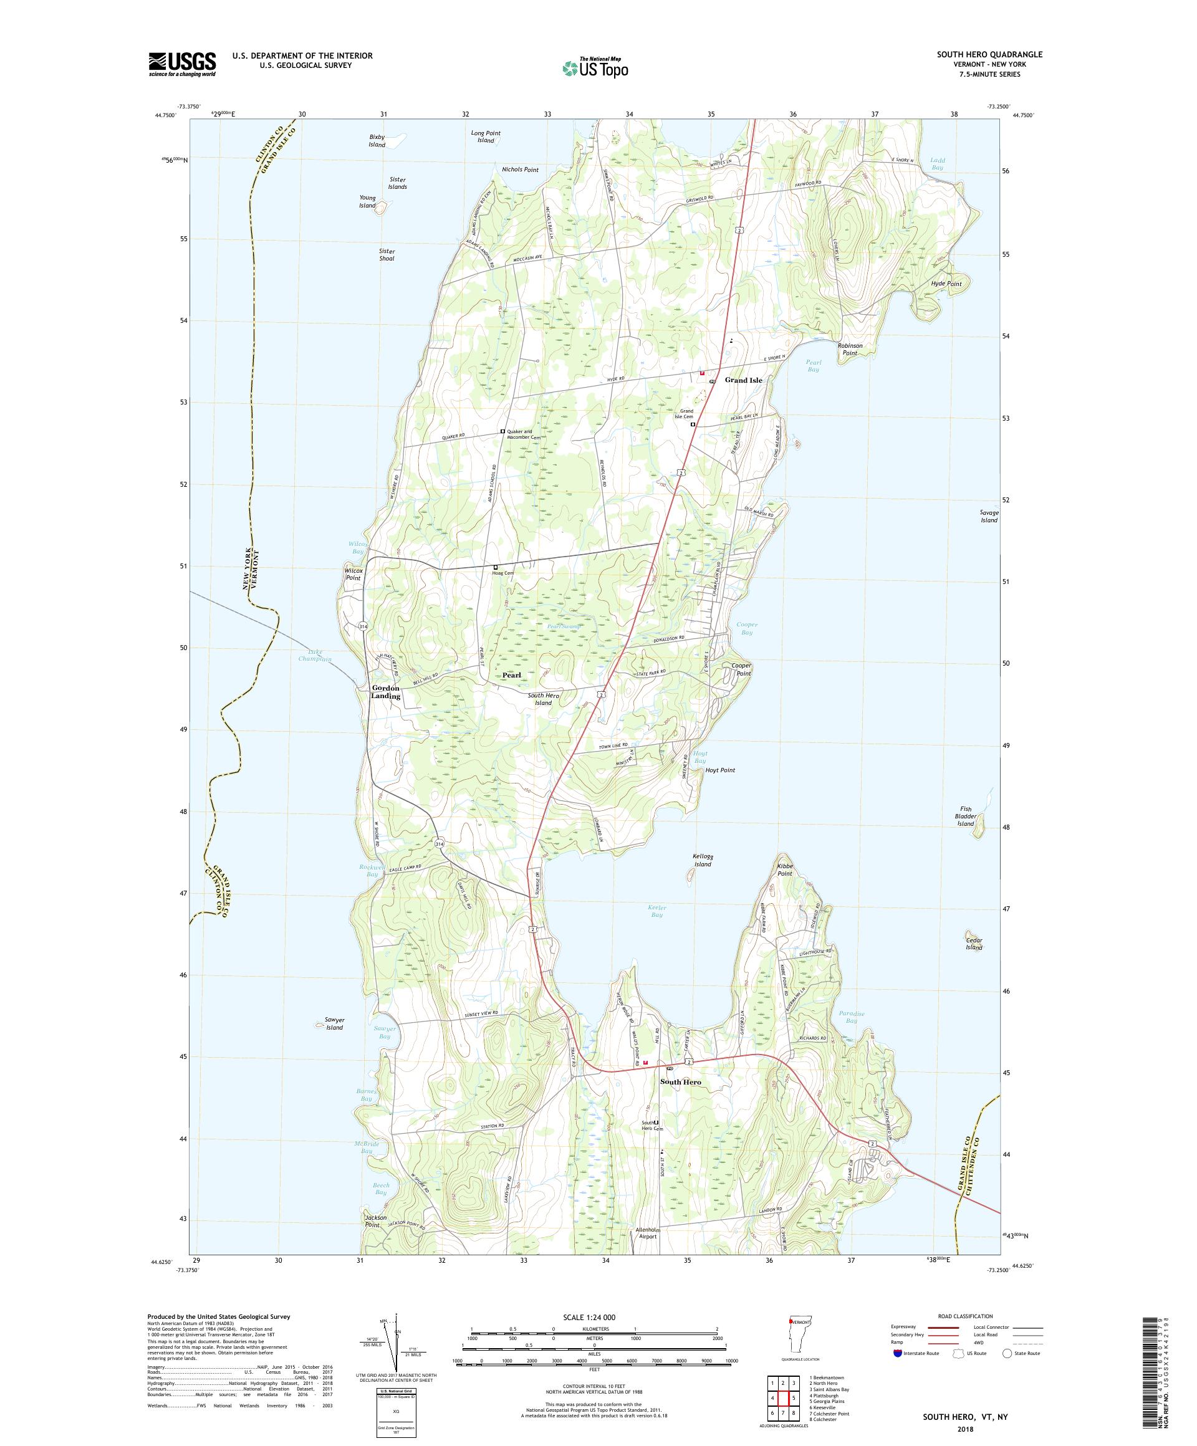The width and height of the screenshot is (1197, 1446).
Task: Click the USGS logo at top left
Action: click(183, 64)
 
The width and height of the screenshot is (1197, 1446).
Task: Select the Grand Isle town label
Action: click(743, 380)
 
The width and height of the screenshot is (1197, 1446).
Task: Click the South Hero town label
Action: click(680, 1082)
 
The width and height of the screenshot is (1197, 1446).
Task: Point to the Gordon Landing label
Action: click(386, 692)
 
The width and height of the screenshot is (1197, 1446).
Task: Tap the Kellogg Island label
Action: click(702, 859)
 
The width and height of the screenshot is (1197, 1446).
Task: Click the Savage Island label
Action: click(989, 517)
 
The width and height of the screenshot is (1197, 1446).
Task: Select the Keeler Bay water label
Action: click(656, 911)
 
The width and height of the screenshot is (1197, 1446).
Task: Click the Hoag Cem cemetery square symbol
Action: click(495, 567)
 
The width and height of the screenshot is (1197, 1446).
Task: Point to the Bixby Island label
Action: click(377, 140)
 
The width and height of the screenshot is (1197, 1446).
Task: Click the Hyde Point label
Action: click(946, 284)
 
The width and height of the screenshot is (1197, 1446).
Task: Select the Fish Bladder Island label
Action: click(966, 816)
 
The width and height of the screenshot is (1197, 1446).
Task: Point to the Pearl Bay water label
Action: click(814, 366)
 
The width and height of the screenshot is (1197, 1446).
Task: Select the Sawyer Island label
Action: click(334, 1023)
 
